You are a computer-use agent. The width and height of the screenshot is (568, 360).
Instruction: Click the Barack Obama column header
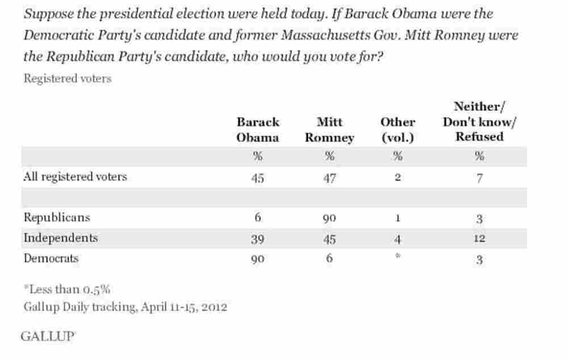258,129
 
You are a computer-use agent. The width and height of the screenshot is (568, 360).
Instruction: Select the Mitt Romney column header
329,129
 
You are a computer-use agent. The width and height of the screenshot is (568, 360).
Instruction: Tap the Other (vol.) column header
398,129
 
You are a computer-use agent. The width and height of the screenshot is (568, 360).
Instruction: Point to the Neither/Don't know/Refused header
479,122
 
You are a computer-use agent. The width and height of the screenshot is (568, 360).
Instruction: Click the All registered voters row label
75,177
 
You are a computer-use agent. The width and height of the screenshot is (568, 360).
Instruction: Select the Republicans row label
56,217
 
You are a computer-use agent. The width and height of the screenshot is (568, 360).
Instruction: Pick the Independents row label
60,238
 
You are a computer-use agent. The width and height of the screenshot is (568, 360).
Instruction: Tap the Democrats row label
51,258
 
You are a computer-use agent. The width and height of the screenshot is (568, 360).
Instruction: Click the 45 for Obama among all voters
258,177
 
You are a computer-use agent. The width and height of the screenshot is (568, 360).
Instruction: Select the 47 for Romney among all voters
329,177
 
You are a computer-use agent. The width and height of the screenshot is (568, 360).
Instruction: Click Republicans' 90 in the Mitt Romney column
329,218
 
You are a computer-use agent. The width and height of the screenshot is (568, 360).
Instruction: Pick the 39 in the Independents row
258,238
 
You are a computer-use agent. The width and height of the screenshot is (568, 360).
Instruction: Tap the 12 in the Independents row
479,238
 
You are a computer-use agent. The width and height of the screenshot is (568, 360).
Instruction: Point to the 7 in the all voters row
479,177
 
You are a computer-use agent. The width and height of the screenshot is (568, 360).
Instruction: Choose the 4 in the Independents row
398,238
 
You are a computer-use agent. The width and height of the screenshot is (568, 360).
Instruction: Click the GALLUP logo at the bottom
48,336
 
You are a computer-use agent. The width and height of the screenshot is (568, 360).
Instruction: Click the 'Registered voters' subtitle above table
67,79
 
